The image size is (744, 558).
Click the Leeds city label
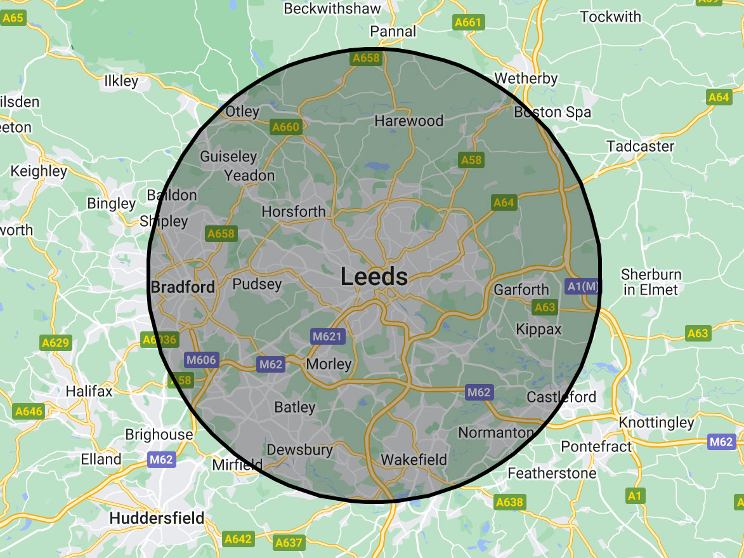(x=374, y=277)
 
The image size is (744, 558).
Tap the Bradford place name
(x=183, y=287)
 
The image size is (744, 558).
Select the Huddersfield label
(x=157, y=518)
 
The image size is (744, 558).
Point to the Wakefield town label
(x=414, y=460)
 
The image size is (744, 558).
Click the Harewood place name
(x=408, y=121)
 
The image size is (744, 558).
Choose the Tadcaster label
(x=640, y=146)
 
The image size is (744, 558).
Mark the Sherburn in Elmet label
(x=650, y=282)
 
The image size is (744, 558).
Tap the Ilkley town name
(x=121, y=81)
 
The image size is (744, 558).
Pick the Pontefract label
(x=596, y=446)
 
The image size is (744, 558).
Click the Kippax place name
(x=538, y=329)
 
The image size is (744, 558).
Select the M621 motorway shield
(x=327, y=336)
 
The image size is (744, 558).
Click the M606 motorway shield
(x=201, y=361)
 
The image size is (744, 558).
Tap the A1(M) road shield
(x=582, y=286)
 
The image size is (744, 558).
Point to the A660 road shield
(x=285, y=127)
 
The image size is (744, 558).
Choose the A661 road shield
(x=468, y=23)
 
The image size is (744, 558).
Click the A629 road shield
(x=55, y=343)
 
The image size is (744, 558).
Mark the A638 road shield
(x=509, y=502)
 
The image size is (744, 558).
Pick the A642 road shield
(x=238, y=539)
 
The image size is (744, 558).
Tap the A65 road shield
(x=13, y=18)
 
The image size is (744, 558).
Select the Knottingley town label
(x=656, y=423)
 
